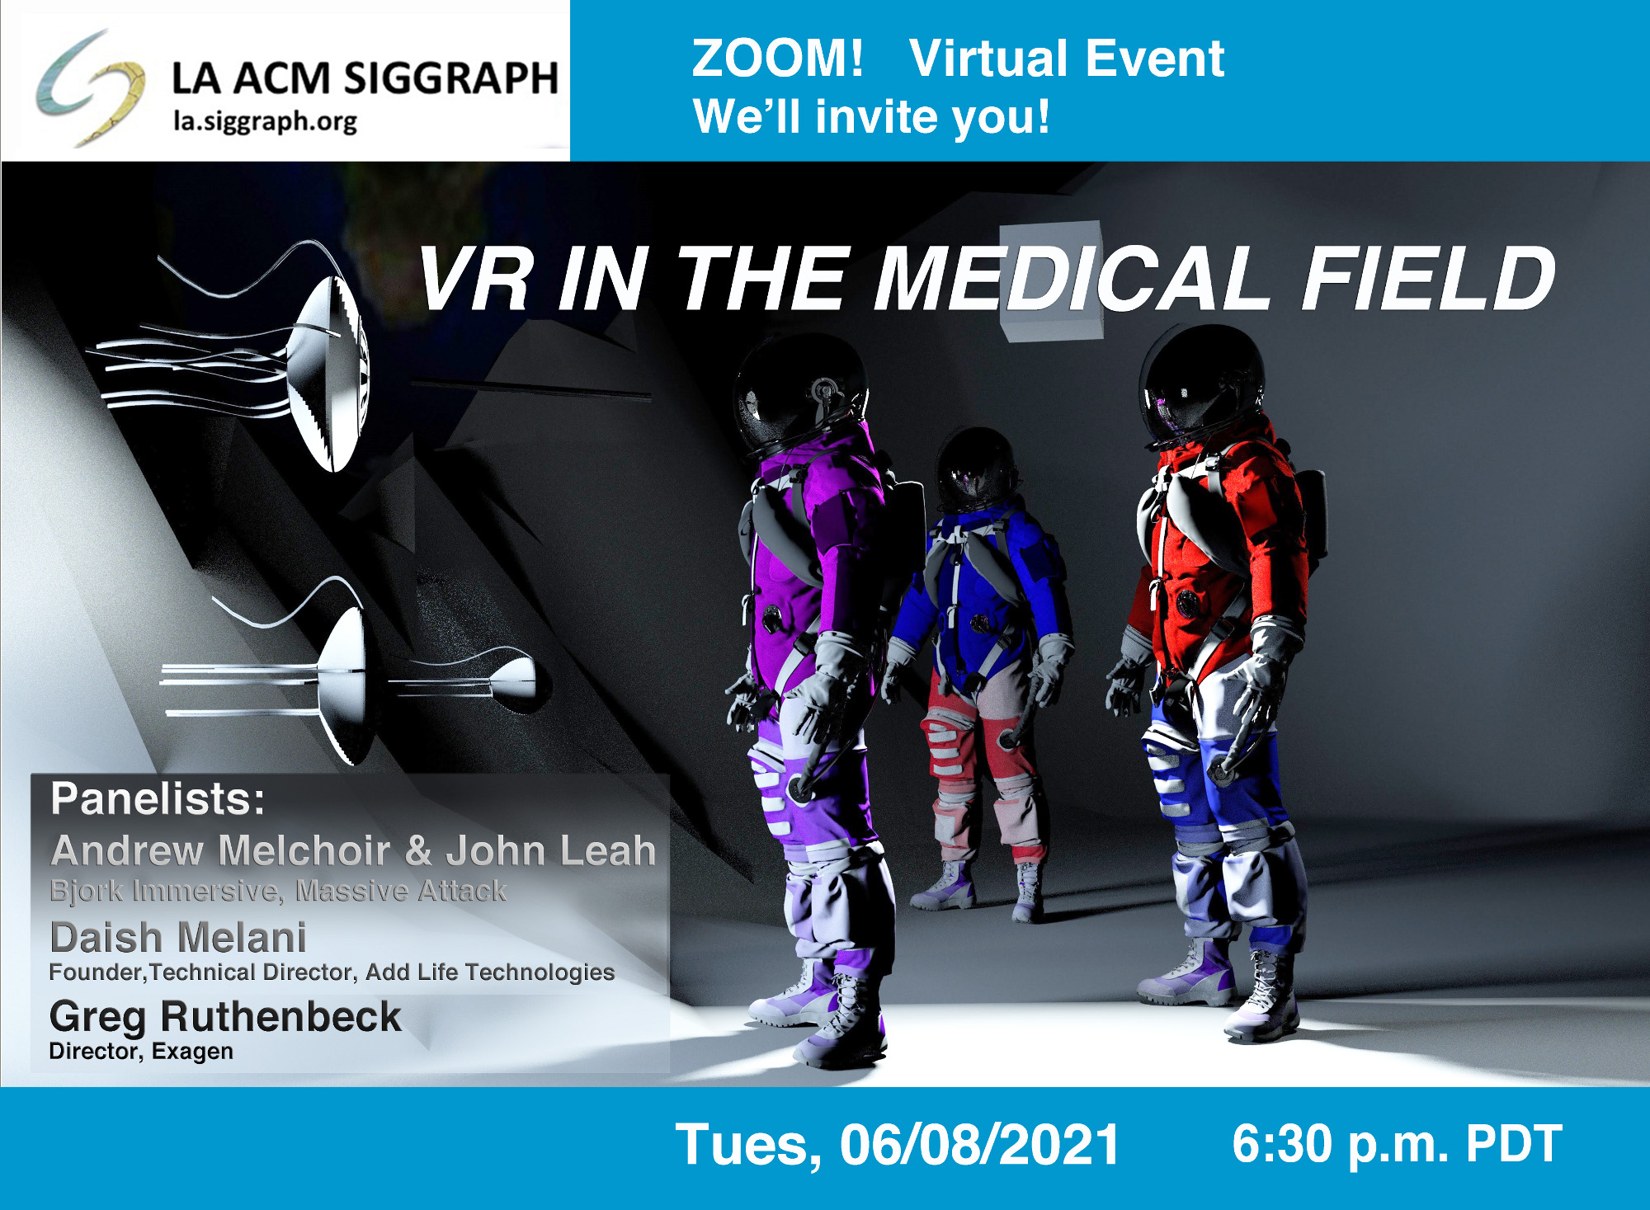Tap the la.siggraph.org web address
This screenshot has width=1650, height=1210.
265,122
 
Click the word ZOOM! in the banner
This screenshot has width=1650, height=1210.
777,59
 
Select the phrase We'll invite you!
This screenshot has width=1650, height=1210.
871,116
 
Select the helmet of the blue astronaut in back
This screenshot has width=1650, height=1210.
975,468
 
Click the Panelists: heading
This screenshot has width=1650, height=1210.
158,798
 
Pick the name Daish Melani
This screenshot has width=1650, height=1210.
178,938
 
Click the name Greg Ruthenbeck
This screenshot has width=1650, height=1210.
225,1017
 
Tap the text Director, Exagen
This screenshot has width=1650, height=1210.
141,1052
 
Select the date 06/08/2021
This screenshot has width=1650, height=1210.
979,1145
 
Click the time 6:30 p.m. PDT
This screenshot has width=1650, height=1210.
1397,1144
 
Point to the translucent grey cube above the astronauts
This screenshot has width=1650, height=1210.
1051,280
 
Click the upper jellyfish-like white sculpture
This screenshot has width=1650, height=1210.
239,359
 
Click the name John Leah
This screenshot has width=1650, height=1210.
551,850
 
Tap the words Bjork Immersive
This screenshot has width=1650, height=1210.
167,891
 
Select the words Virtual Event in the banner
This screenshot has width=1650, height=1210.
1066,59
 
